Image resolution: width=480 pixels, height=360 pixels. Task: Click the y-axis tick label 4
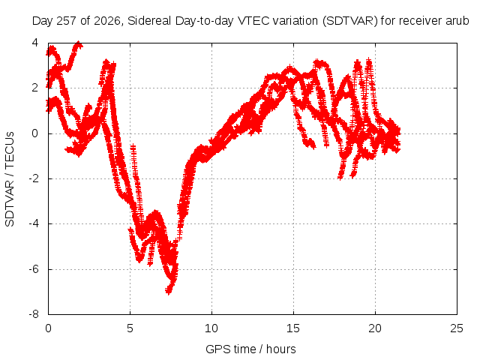pyautogui.click(x=35, y=43)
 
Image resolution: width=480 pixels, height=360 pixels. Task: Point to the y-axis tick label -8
pyautogui.click(x=34, y=314)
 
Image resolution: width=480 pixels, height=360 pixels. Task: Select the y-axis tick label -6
pyautogui.click(x=34, y=269)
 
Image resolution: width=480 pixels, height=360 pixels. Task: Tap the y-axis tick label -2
pyautogui.click(x=34, y=178)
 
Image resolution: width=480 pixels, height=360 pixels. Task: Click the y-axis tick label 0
pyautogui.click(x=35, y=133)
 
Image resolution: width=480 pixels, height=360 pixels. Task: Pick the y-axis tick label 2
pyautogui.click(x=35, y=88)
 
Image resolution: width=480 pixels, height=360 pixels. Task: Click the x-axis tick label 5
pyautogui.click(x=130, y=328)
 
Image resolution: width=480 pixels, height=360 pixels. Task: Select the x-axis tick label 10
pyautogui.click(x=211, y=328)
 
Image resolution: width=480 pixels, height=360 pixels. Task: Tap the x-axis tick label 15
pyautogui.click(x=293, y=328)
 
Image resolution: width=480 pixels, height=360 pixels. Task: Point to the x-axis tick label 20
pyautogui.click(x=375, y=328)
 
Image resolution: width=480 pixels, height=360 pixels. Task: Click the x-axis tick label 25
pyautogui.click(x=457, y=328)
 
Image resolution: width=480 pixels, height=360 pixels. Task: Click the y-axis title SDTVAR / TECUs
pyautogui.click(x=10, y=179)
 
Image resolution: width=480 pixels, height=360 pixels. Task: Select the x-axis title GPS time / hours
pyautogui.click(x=250, y=349)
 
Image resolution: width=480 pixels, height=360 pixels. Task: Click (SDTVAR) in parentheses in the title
pyautogui.click(x=350, y=21)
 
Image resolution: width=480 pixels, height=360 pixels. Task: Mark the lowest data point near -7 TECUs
pyautogui.click(x=168, y=290)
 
